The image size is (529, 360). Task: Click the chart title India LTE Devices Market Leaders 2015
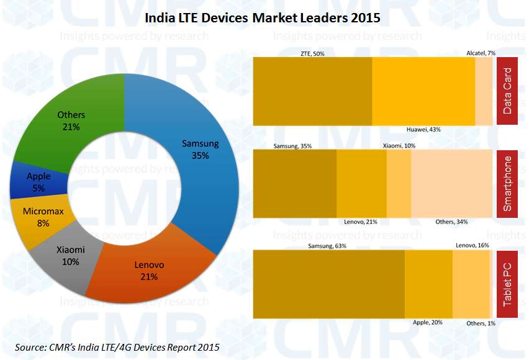[262, 18]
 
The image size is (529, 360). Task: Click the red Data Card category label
[507, 91]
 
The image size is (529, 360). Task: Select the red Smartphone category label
[507, 184]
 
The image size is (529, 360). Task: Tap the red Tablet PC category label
[507, 283]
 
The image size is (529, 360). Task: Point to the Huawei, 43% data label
[423, 129]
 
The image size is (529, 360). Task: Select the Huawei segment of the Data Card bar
[423, 91]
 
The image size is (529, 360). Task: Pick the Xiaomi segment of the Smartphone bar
[399, 184]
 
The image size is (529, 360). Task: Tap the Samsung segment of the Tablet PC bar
[329, 283]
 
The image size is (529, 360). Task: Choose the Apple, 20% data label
[428, 323]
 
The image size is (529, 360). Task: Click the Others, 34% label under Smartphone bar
[451, 222]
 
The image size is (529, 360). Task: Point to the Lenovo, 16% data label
[472, 246]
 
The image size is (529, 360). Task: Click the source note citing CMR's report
[116, 346]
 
